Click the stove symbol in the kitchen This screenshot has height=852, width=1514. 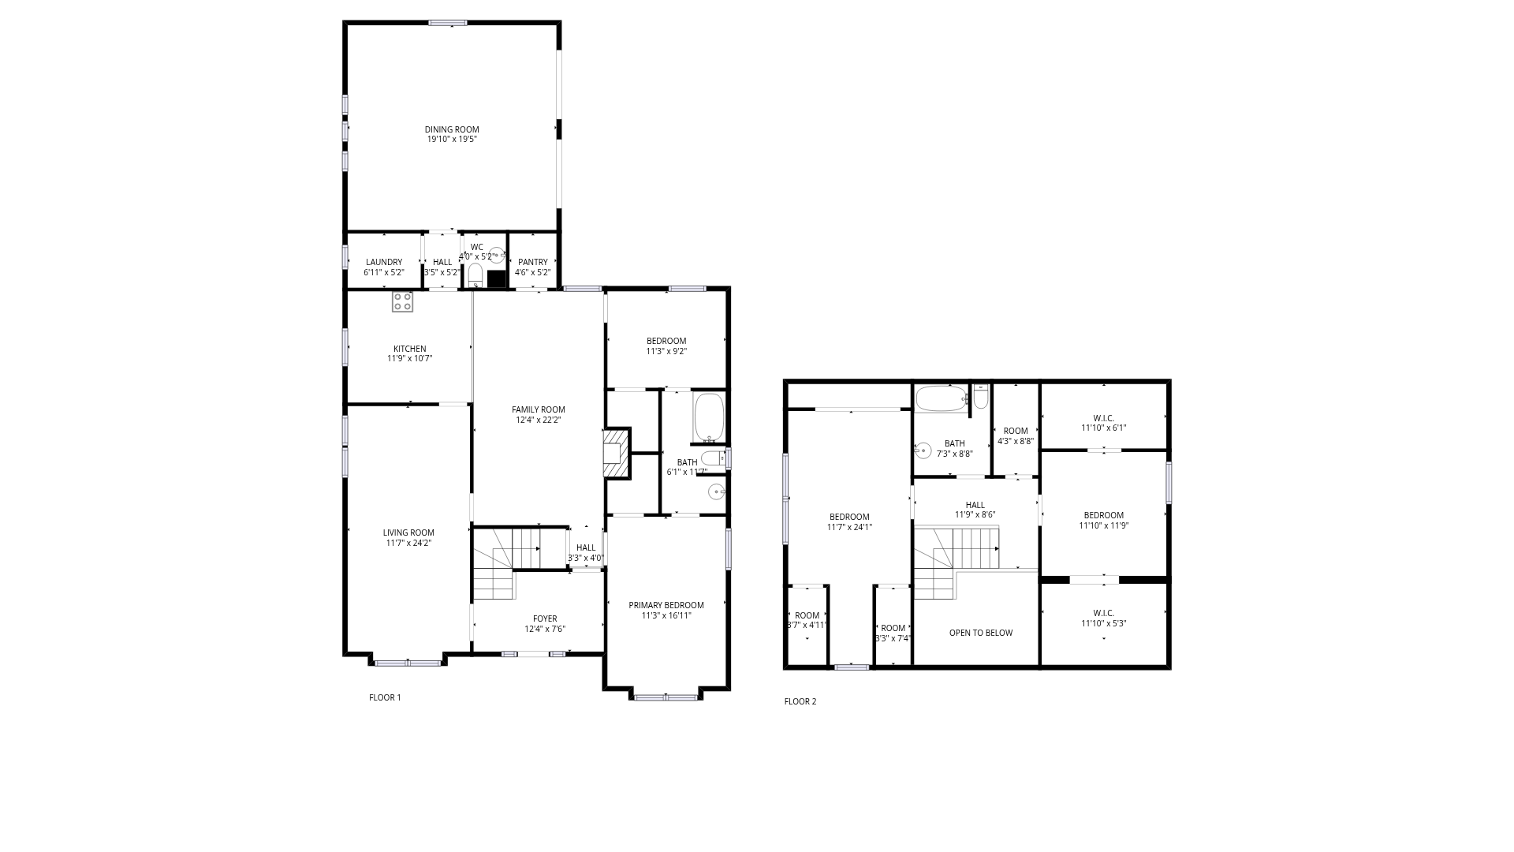click(402, 301)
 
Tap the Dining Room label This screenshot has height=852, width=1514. click(452, 129)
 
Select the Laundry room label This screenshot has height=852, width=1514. click(384, 262)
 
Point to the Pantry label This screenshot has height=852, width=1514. click(533, 262)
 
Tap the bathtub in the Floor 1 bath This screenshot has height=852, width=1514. click(709, 418)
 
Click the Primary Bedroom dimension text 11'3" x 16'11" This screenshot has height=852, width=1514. click(666, 615)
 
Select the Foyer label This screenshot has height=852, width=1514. click(545, 618)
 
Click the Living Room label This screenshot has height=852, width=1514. click(408, 532)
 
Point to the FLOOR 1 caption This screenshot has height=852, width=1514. click(385, 697)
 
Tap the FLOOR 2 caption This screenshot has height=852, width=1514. click(800, 701)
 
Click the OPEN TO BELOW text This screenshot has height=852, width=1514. click(981, 633)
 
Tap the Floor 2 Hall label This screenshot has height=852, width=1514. click(975, 505)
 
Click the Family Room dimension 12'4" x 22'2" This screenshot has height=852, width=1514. click(539, 420)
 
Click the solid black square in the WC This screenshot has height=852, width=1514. click(497, 278)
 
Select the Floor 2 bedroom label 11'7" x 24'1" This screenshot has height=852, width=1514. click(849, 517)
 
